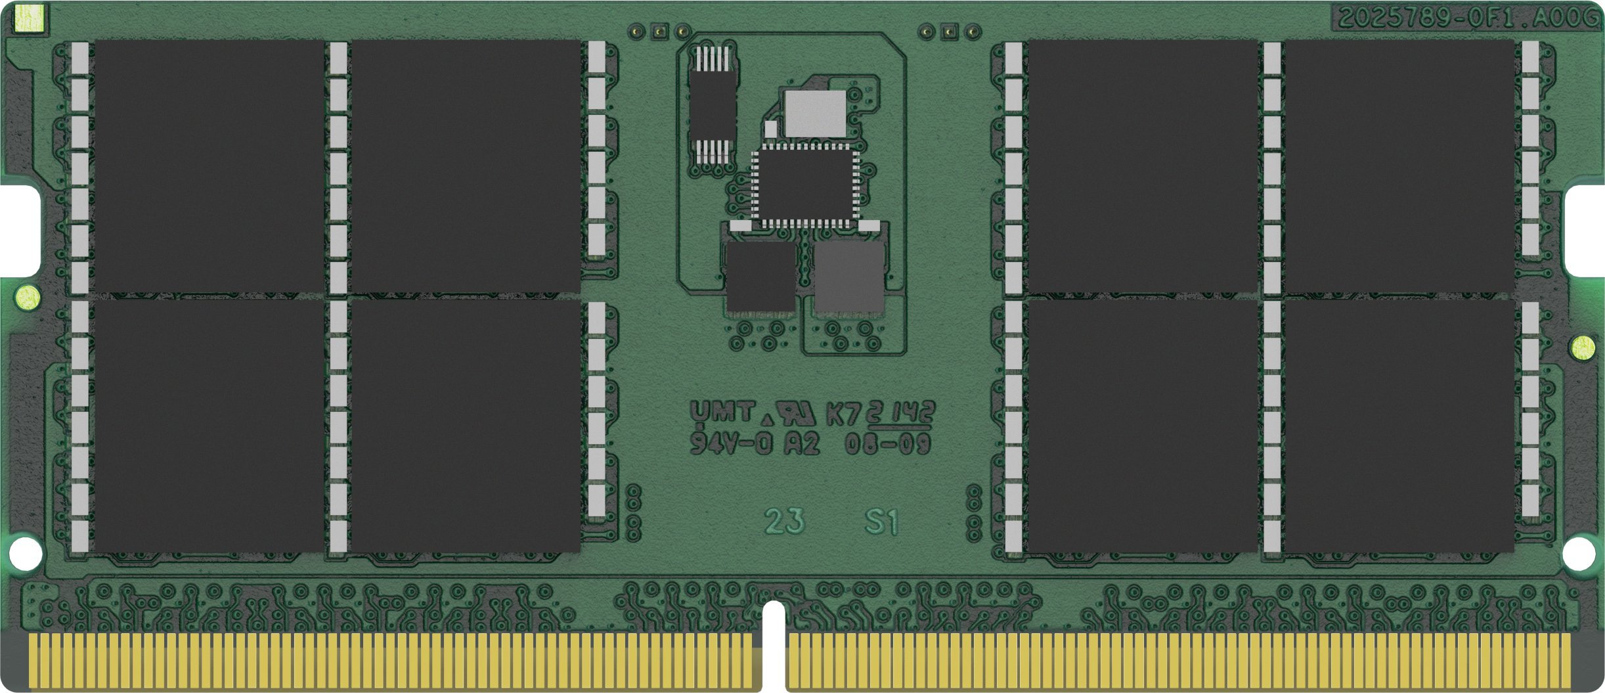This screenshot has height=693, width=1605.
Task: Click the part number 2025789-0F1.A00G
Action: click(1467, 18)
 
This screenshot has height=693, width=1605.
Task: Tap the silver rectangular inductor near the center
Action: click(815, 114)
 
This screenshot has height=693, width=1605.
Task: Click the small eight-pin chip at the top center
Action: click(712, 105)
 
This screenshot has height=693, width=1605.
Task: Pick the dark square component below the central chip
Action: click(760, 277)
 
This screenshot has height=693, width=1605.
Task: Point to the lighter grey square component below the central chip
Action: click(848, 277)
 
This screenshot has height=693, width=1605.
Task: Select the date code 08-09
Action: click(887, 444)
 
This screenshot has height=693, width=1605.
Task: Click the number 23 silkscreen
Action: click(784, 521)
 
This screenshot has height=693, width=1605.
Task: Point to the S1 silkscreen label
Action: click(881, 522)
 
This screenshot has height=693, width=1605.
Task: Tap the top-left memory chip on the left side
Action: click(209, 166)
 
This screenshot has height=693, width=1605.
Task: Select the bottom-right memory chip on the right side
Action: click(1399, 426)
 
